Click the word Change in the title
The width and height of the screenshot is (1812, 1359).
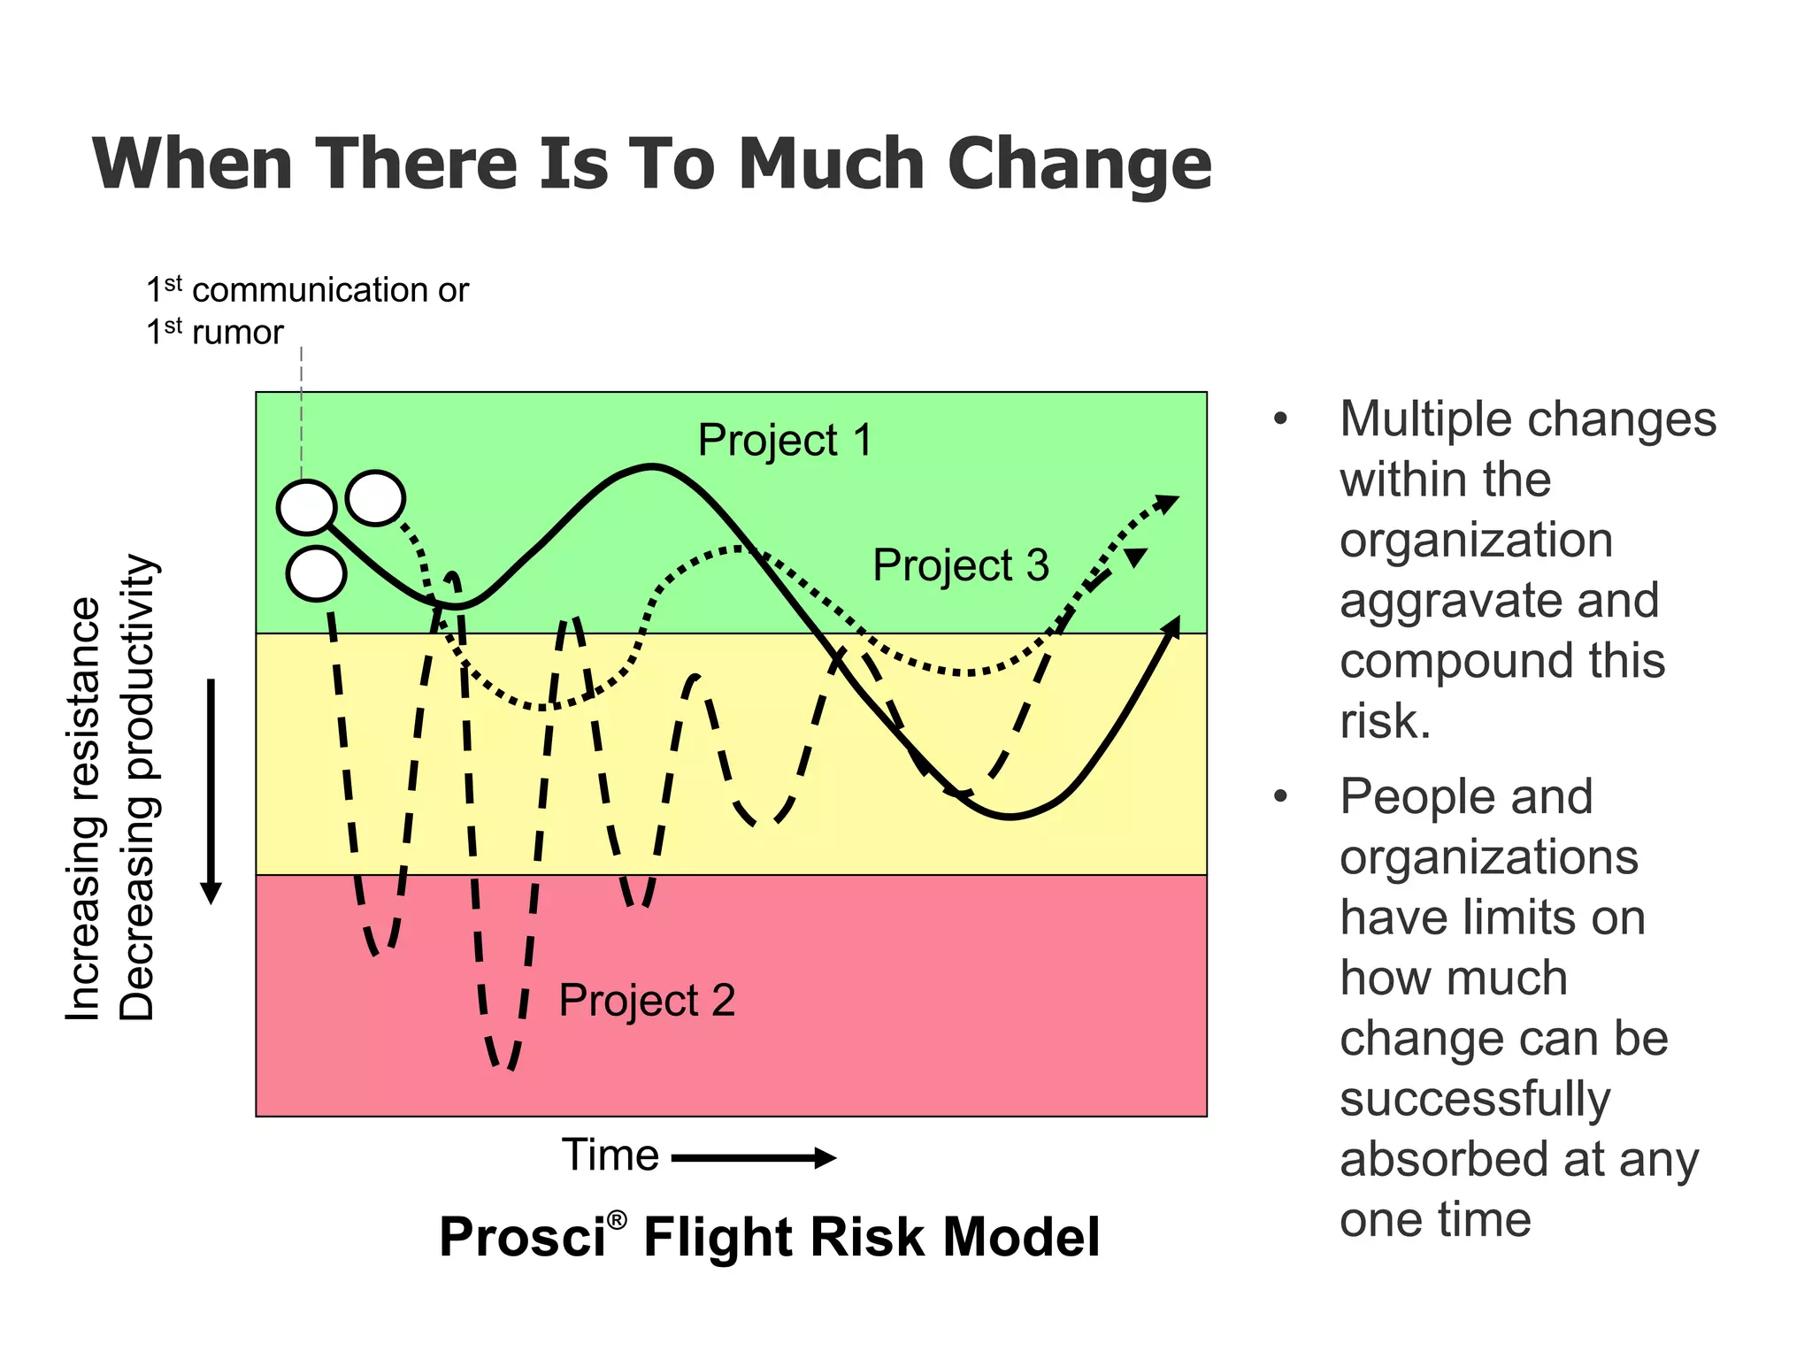point(1079,165)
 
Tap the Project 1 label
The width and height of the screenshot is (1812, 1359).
point(785,441)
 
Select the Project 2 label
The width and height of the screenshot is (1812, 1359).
point(647,1001)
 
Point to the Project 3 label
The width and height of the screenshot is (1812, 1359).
point(960,565)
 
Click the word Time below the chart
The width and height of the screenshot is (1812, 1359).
point(610,1156)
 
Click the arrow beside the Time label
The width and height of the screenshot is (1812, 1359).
point(754,1157)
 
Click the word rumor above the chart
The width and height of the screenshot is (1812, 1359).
point(238,333)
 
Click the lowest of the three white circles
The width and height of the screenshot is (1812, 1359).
point(316,574)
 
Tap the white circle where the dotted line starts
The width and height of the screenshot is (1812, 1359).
point(376,498)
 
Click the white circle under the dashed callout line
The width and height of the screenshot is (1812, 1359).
point(306,507)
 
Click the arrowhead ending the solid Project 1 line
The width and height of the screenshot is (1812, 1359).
point(1171,626)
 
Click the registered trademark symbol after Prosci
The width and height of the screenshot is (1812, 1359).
point(618,1220)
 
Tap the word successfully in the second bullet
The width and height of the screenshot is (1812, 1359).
point(1475,1100)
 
